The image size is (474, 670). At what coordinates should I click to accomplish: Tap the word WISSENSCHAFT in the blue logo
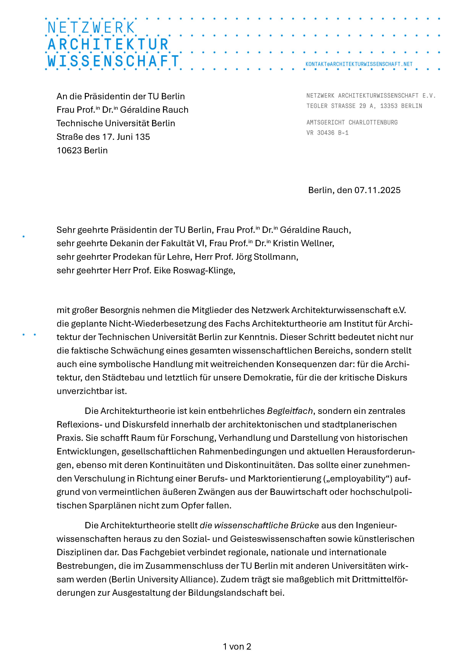113,61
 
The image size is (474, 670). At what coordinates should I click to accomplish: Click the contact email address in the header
359,64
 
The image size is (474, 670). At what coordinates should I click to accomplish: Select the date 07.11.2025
377,190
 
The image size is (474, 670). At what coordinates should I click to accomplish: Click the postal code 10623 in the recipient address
69,151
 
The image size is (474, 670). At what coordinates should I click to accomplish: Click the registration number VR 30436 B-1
327,133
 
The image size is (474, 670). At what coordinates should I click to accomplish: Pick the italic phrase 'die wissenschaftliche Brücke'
259,525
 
